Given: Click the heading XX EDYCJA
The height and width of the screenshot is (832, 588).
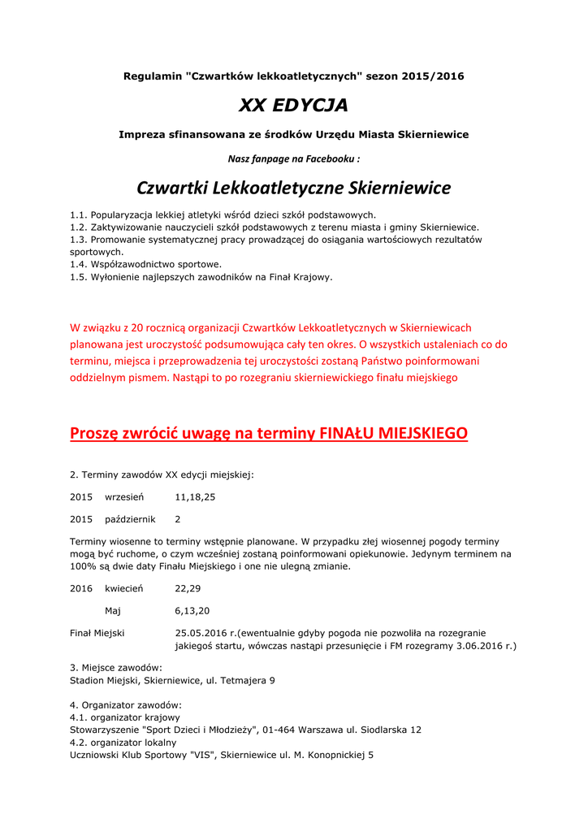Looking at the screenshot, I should [x=293, y=106].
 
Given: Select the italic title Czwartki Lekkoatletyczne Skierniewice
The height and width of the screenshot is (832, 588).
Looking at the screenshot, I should [x=293, y=188].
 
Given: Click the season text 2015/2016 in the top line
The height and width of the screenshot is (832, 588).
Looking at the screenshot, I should [x=436, y=76].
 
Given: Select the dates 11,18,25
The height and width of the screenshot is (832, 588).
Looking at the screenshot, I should [x=195, y=496].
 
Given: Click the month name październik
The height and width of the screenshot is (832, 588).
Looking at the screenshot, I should [x=130, y=519].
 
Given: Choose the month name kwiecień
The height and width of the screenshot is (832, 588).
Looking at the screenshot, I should [x=124, y=588].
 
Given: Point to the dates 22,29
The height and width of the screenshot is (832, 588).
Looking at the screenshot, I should [x=188, y=588].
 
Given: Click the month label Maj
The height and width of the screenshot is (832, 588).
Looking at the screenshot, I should [x=113, y=611].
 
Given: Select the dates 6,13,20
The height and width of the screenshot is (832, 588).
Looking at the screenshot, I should [x=192, y=611].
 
